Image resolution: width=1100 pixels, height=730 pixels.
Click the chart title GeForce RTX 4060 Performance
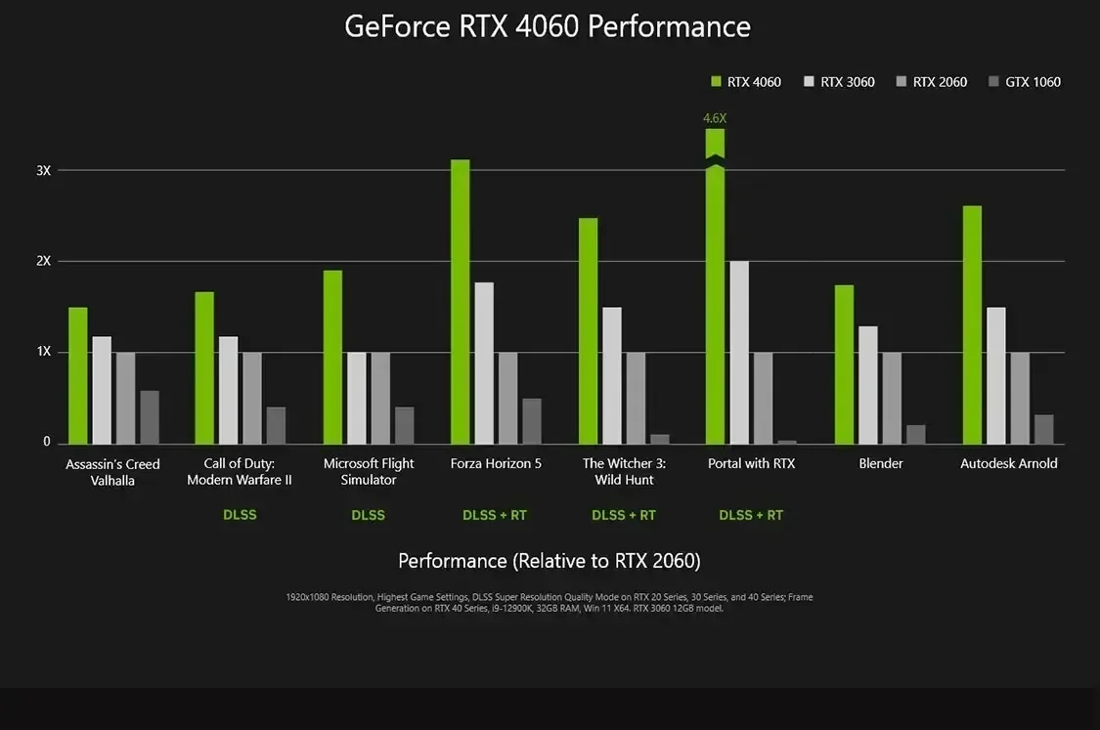pyautogui.click(x=548, y=26)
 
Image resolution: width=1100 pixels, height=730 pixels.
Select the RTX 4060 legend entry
pyautogui.click(x=745, y=82)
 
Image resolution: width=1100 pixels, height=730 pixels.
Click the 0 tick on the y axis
pyautogui.click(x=46, y=442)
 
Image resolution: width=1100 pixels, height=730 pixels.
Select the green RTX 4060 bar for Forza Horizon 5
pyautogui.click(x=460, y=302)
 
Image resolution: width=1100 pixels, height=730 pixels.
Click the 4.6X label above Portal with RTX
pyautogui.click(x=715, y=118)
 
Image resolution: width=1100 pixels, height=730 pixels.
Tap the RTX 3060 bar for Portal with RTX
pyautogui.click(x=739, y=352)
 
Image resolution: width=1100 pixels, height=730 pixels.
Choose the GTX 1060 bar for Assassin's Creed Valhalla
pyautogui.click(x=150, y=417)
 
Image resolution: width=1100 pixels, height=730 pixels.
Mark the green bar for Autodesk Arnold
pyautogui.click(x=972, y=324)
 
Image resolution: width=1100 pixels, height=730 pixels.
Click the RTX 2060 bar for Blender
pyautogui.click(x=892, y=398)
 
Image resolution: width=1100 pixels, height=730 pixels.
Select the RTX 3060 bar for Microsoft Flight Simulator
pyautogui.click(x=357, y=398)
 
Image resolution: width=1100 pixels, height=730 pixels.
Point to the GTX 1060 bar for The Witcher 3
pyautogui.click(x=660, y=439)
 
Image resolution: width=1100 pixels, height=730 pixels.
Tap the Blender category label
pyautogui.click(x=880, y=463)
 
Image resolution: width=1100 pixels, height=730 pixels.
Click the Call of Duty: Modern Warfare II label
pyautogui.click(x=239, y=471)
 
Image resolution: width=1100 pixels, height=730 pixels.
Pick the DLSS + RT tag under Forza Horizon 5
pyautogui.click(x=495, y=515)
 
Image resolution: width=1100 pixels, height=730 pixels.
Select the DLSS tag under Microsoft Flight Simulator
pyautogui.click(x=368, y=515)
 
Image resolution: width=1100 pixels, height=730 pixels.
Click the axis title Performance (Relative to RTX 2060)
pyautogui.click(x=549, y=561)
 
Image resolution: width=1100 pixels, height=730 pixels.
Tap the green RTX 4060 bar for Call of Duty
pyautogui.click(x=204, y=367)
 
